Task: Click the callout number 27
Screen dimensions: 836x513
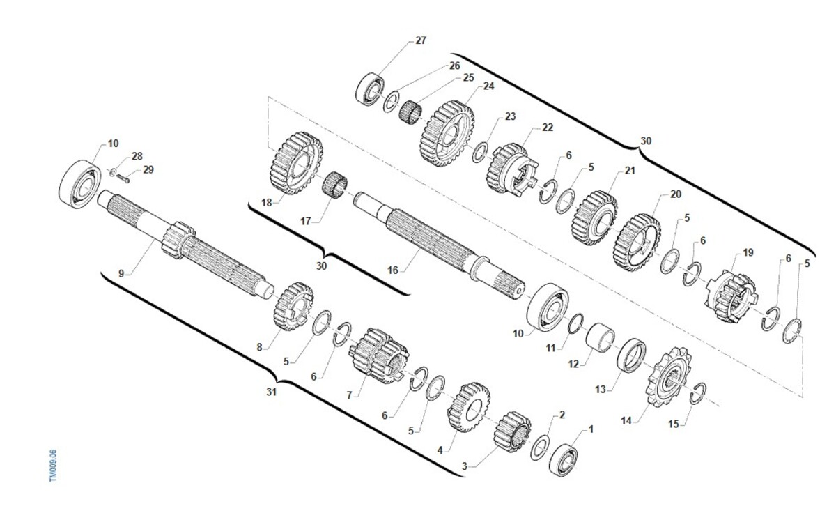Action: point(421,40)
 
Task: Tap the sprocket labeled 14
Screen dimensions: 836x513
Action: point(667,376)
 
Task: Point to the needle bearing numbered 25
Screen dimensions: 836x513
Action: point(410,111)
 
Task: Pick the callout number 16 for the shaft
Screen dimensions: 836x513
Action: point(393,270)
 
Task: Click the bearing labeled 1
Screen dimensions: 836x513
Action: point(564,460)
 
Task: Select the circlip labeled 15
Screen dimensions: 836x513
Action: point(697,393)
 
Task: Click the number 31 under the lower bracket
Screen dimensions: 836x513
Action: point(272,392)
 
